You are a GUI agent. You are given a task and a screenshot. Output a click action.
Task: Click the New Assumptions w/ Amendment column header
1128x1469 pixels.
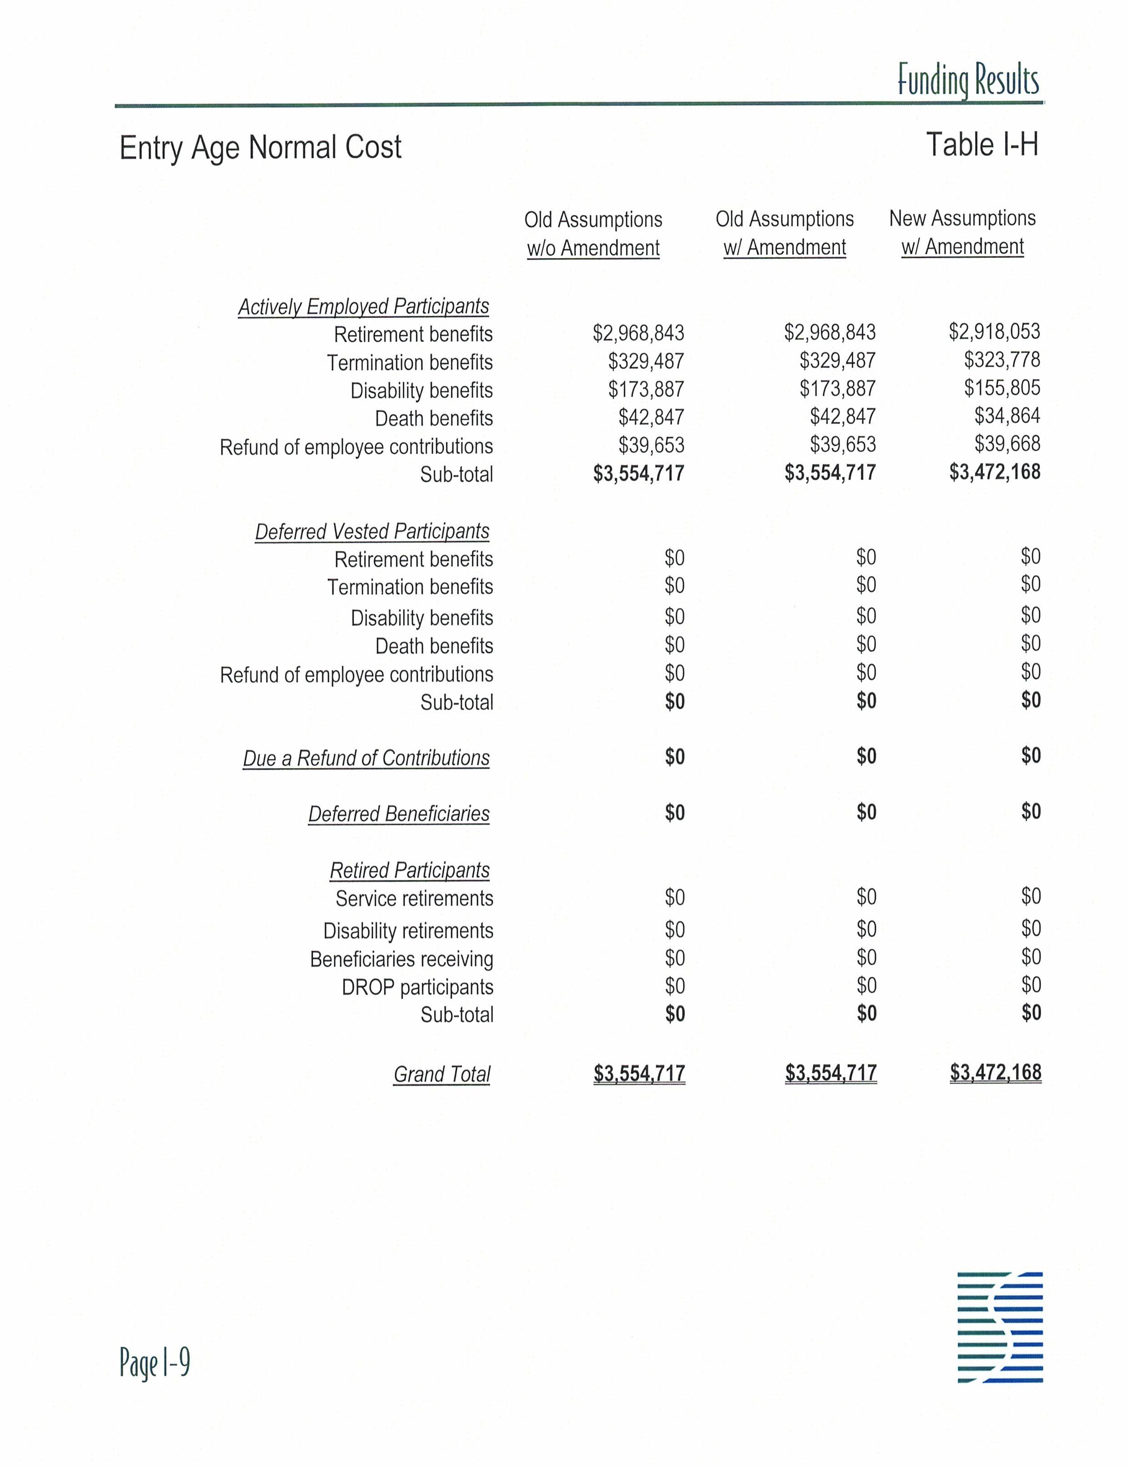coord(962,232)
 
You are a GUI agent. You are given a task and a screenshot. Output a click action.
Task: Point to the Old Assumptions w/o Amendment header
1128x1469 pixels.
coord(593,234)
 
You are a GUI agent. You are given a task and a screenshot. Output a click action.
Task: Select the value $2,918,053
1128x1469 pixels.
coord(994,331)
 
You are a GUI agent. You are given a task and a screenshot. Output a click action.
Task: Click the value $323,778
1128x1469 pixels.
coord(1002,360)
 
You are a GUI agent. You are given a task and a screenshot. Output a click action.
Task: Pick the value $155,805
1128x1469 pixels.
coord(1002,388)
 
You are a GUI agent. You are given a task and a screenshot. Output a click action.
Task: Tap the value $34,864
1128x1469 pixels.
coord(1007,416)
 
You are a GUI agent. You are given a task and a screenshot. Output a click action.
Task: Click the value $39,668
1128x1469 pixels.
coord(1007,444)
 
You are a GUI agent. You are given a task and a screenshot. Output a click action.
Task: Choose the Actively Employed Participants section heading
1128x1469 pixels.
coord(363,306)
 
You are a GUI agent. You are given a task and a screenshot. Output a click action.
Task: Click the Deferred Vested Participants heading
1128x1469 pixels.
coord(372,531)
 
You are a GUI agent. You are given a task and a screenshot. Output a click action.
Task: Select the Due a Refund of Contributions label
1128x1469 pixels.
coord(366,758)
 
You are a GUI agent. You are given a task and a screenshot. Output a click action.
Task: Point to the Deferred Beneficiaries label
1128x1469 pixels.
coord(399,814)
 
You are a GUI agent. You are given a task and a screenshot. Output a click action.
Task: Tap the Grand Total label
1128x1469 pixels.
coord(442,1074)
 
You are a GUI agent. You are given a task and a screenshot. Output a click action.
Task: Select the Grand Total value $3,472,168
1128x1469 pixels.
coord(995,1072)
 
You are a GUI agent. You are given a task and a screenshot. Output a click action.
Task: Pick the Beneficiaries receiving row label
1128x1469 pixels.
coord(401,959)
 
